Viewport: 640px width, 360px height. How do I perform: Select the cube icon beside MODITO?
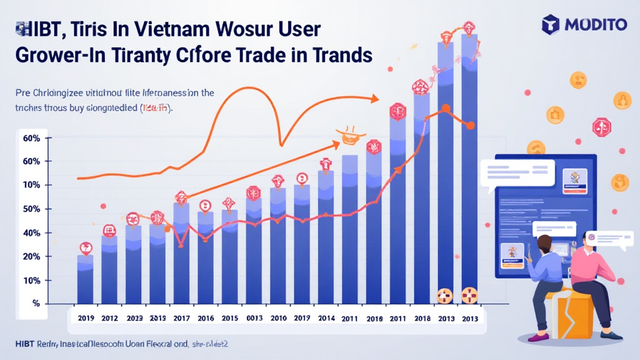coord(551,25)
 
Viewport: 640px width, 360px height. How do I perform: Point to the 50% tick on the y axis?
coord(31,209)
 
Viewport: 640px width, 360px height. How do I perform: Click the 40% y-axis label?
coord(31,232)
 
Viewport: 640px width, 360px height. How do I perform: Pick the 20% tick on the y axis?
coord(31,256)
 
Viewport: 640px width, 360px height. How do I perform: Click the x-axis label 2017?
coord(181,318)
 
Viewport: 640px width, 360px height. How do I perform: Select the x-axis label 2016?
coord(206,318)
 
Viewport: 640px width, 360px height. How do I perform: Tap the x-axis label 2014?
coord(326,318)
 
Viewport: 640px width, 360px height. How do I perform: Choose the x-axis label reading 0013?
coord(254,318)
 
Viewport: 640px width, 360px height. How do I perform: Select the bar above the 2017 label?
coord(181,256)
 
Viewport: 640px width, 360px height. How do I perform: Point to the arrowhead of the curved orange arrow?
coord(374,98)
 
